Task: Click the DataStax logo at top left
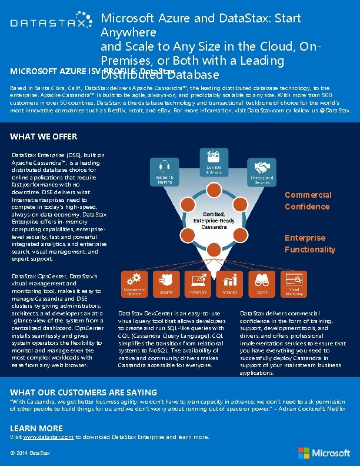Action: coord(48,24)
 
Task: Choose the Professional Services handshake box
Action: coord(262,172)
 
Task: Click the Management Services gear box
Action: coord(134,283)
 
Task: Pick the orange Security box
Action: coord(166,283)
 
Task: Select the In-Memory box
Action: coord(198,283)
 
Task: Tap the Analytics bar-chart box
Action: coord(230,283)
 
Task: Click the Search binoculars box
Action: coord(262,283)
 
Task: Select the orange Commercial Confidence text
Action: coord(308,201)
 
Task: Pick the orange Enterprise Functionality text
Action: coord(310,244)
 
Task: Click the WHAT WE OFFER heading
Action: coord(44,137)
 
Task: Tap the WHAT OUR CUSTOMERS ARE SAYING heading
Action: coord(84,392)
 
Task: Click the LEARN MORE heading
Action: coord(36,428)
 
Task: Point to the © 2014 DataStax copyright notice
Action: coord(30,453)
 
